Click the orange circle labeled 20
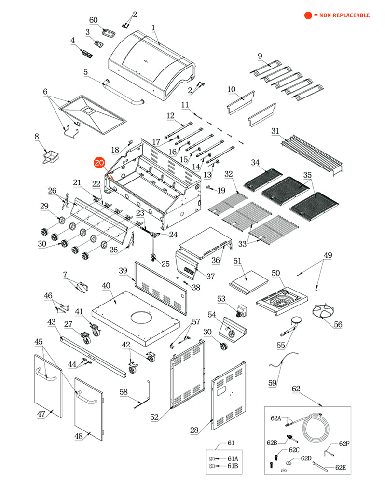(x=99, y=163)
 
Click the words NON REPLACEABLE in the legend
(x=344, y=15)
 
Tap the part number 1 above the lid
(x=153, y=28)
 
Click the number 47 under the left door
(x=41, y=414)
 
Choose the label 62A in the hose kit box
(x=276, y=418)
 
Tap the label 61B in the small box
(x=233, y=466)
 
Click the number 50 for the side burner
(x=275, y=273)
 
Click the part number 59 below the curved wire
(x=273, y=383)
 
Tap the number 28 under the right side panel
(x=194, y=430)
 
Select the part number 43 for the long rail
(x=52, y=322)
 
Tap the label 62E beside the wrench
(x=341, y=467)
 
